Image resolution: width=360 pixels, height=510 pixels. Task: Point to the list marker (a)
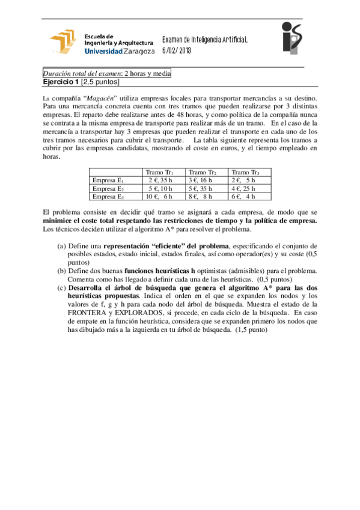coord(61,247)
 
